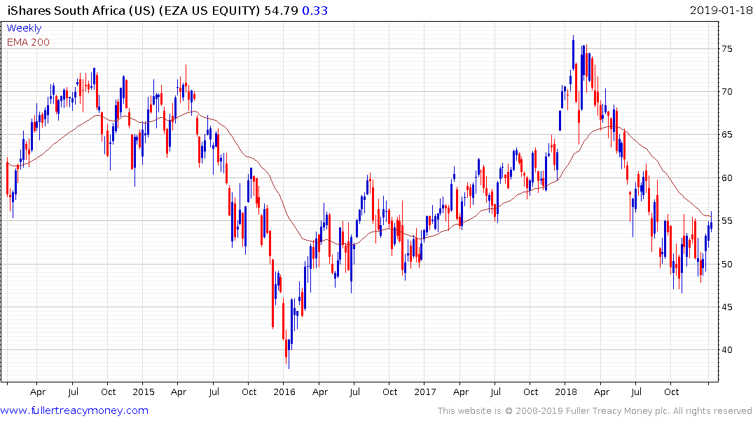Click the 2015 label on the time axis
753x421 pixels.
point(143,392)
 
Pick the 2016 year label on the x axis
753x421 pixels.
point(284,392)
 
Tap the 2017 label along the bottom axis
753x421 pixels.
point(424,392)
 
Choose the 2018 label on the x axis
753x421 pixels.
point(565,392)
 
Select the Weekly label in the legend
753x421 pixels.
point(24,28)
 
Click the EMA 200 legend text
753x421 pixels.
point(28,42)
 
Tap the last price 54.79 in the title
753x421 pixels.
point(281,11)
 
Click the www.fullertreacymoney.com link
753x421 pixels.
point(75,410)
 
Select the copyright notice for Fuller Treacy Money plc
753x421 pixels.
point(595,410)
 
